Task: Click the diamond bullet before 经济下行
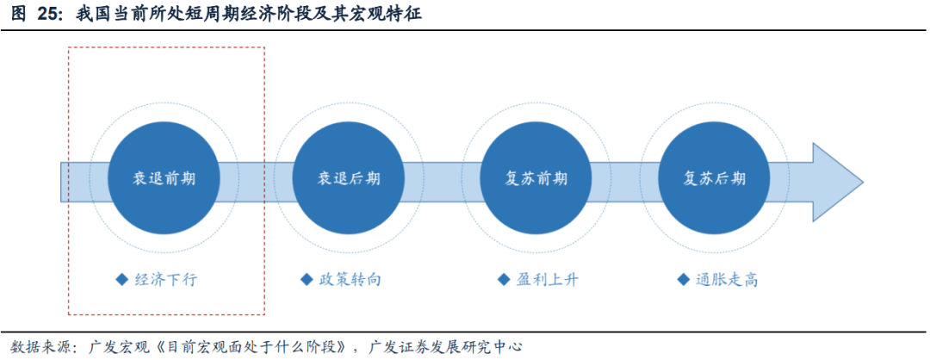[121, 280]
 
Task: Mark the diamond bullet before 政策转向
[307, 280]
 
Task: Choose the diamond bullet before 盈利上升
[504, 280]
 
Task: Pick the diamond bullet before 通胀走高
[684, 280]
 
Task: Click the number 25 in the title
[47, 15]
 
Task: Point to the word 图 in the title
[17, 15]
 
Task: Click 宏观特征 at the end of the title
[388, 15]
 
